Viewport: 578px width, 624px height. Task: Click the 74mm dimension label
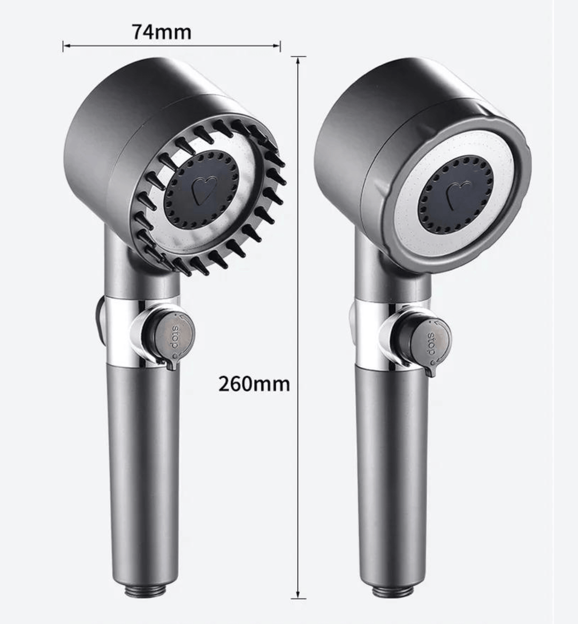pos(162,32)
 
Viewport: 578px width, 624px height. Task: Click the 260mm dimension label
pos(254,384)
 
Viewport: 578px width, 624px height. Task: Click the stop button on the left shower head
pos(176,337)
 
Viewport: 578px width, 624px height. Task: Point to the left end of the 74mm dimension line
pos(63,47)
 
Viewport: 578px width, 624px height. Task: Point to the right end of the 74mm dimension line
pos(280,47)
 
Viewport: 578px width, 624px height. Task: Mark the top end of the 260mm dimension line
pos(298,57)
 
